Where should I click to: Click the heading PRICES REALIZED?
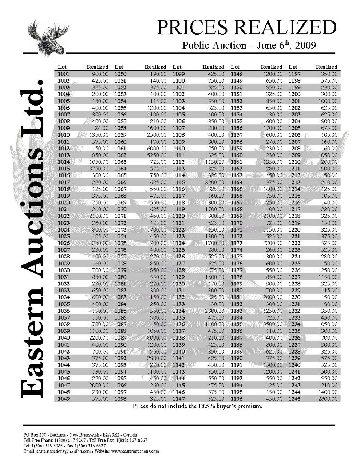coord(246,28)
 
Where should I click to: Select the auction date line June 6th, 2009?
coord(249,46)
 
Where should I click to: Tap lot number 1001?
coord(63,74)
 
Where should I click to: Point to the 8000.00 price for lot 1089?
coord(157,338)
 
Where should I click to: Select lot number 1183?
coord(237,311)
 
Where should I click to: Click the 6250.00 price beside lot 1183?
coord(273,311)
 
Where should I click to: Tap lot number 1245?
coord(294,399)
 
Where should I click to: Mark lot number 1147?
coord(178,399)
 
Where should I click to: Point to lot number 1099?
coord(178,74)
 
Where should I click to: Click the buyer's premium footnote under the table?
coord(197,406)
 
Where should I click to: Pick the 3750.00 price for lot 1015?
coord(99,169)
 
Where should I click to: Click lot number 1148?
coord(237,74)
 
